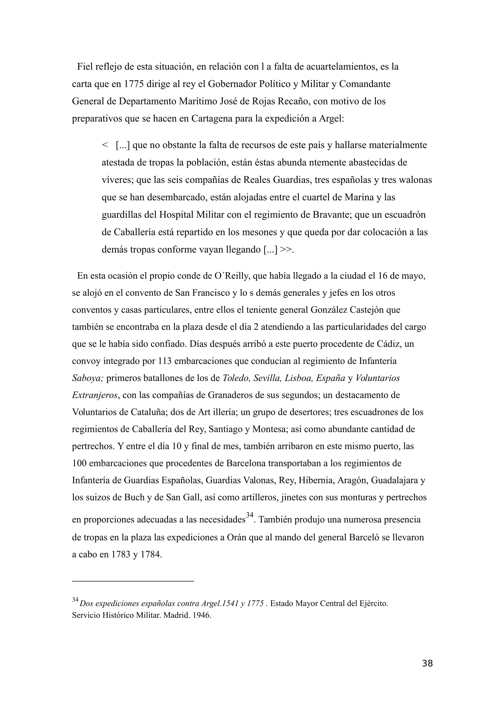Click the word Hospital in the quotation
pyautogui.click(x=176, y=215)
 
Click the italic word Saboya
pyautogui.click(x=87, y=378)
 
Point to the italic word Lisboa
pyautogui.click(x=299, y=378)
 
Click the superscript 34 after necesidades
pyautogui.click(x=250, y=515)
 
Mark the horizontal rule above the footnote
pyautogui.click(x=133, y=581)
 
